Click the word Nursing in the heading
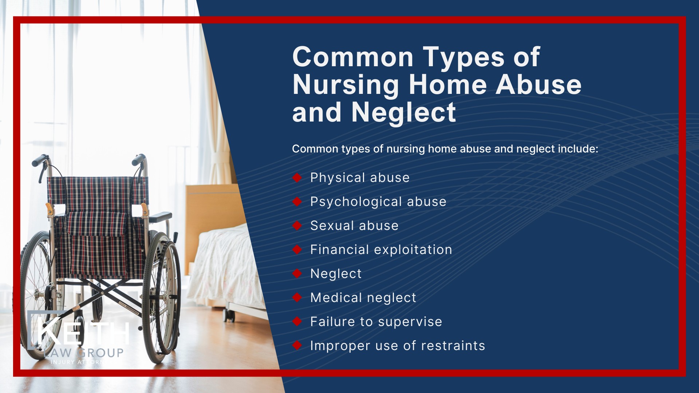point(345,85)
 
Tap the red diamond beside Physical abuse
point(297,178)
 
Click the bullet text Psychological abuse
point(378,202)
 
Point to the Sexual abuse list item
point(354,226)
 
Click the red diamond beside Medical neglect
point(297,298)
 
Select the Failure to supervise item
point(376,322)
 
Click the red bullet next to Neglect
point(297,274)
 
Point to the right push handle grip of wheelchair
point(138,159)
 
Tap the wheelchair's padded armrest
point(160,217)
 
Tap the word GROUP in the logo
point(101,353)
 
